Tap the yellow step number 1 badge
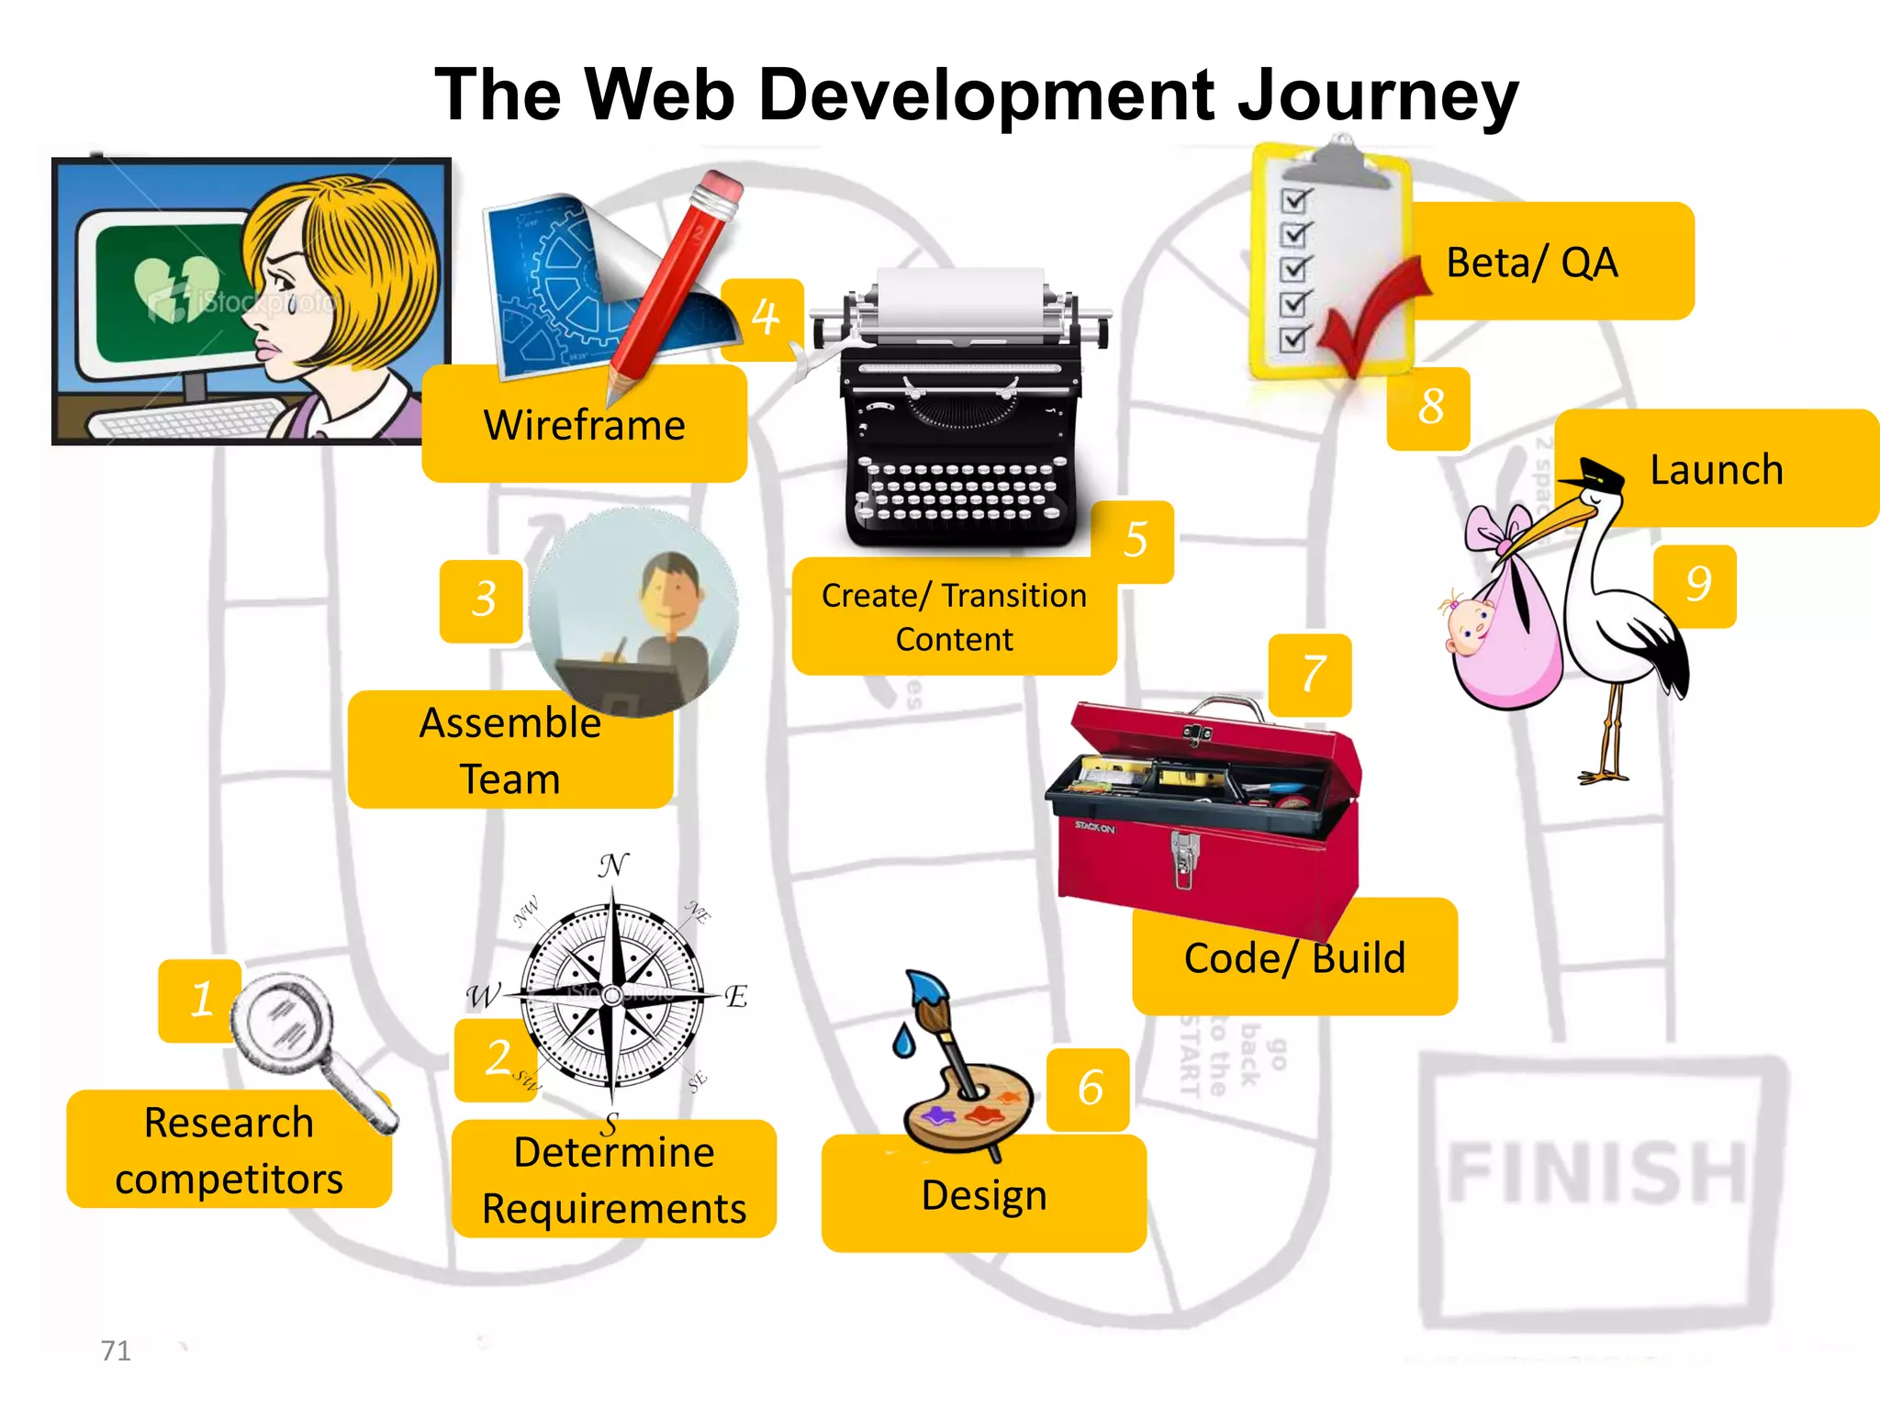(x=201, y=999)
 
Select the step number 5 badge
(x=1135, y=540)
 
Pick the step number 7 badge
(x=1312, y=674)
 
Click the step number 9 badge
(x=1696, y=585)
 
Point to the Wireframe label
(x=585, y=425)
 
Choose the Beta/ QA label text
(x=1531, y=263)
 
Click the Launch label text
(x=1716, y=470)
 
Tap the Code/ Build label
(x=1293, y=958)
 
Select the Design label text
(x=983, y=1195)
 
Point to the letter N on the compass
(x=613, y=865)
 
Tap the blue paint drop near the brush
(x=903, y=1042)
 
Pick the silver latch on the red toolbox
(x=1184, y=857)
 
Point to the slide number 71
(x=116, y=1350)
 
